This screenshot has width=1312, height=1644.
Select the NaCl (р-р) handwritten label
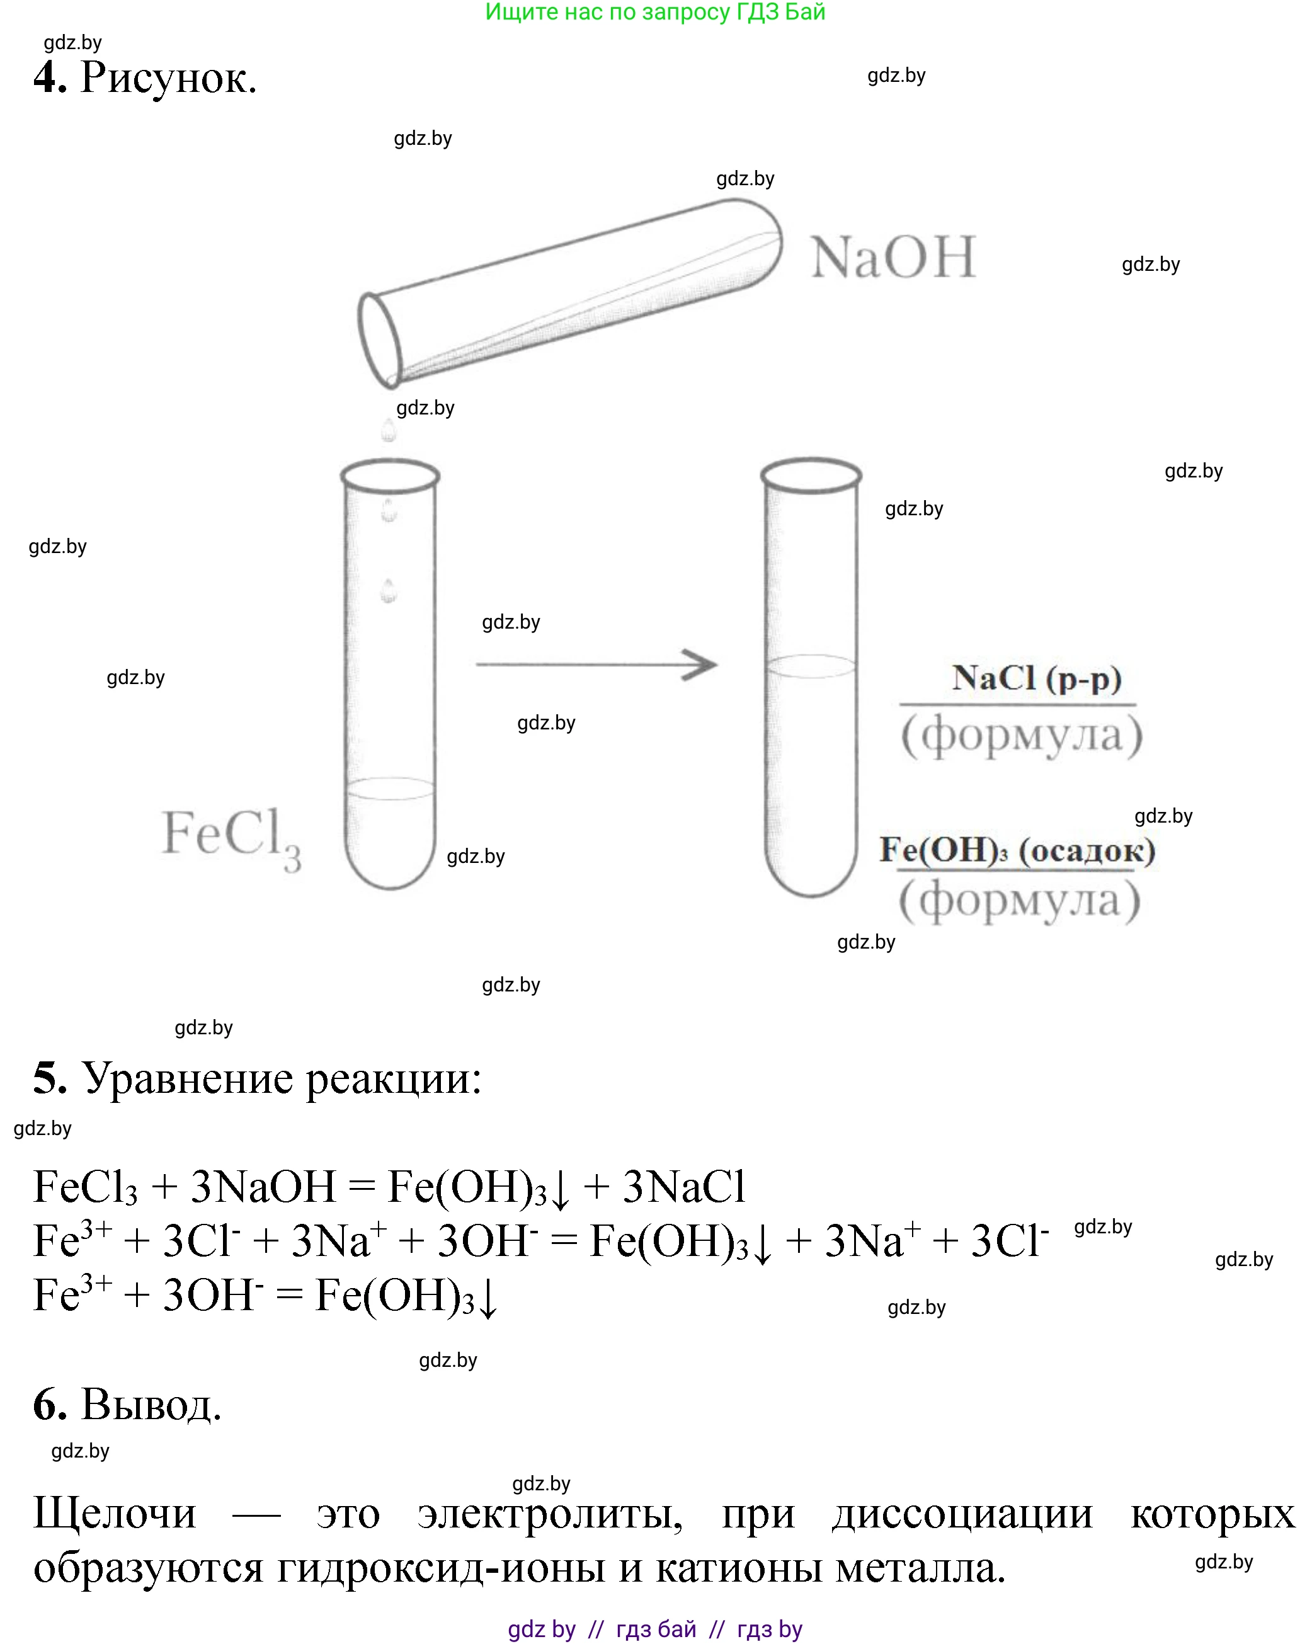(x=1037, y=678)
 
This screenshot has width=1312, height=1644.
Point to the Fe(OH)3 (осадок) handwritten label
(x=1017, y=850)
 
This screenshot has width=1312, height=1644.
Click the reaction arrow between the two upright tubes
(x=596, y=664)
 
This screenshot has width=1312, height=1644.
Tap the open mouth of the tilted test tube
(x=380, y=340)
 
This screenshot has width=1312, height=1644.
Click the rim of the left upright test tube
(x=389, y=477)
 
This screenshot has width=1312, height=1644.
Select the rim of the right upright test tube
(x=811, y=475)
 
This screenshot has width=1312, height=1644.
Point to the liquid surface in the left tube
(x=389, y=789)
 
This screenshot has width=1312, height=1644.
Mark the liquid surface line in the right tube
(x=811, y=666)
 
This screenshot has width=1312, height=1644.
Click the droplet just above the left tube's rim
(x=389, y=431)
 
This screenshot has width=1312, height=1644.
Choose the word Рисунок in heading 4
(x=168, y=77)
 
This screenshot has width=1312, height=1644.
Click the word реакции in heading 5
(x=394, y=1079)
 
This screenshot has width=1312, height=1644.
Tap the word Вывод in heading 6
(x=151, y=1404)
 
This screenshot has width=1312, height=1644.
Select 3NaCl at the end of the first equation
(x=684, y=1187)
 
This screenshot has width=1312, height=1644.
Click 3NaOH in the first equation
(x=263, y=1187)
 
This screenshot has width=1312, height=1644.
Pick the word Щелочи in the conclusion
(x=115, y=1513)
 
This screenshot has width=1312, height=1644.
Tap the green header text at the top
(x=656, y=11)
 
